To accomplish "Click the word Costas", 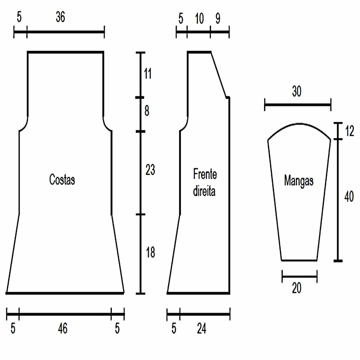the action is (62, 179).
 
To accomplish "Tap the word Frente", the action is (205, 174).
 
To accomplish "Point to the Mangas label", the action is (298, 181).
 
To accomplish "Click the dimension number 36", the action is (60, 17).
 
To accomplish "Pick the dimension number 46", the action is (63, 328).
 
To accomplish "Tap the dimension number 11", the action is (148, 73).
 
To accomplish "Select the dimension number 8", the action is (147, 111).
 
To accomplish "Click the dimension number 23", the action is (150, 169).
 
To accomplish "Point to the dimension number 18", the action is (150, 252).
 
